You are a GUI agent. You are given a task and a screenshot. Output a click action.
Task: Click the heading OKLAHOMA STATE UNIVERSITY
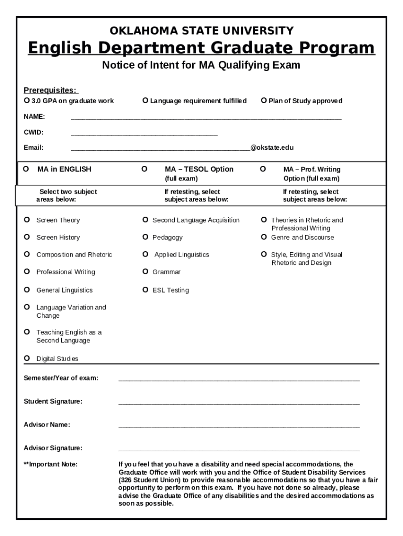[x=201, y=30]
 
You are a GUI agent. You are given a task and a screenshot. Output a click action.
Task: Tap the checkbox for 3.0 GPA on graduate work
[x=27, y=100]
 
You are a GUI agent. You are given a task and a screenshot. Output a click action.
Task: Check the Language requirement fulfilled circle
[x=145, y=100]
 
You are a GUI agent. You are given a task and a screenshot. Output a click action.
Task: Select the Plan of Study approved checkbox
[x=264, y=100]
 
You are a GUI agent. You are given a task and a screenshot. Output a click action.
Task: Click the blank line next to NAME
[x=206, y=117]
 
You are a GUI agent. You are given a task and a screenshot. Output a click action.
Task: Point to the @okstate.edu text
[x=272, y=148]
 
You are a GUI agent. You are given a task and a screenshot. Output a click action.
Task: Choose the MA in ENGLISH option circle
[x=26, y=169]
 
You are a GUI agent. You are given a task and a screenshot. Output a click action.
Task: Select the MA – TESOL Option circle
[x=144, y=169]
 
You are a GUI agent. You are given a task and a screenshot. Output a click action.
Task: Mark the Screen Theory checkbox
[x=27, y=220]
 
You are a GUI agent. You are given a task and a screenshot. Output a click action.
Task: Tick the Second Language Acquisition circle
[x=145, y=220]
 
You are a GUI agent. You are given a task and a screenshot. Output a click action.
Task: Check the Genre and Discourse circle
[x=264, y=238]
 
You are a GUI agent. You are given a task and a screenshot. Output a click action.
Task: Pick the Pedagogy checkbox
[x=145, y=238]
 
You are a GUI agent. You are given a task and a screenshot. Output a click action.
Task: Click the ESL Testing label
[x=171, y=291]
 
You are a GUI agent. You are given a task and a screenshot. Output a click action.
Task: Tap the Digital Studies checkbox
[x=27, y=359]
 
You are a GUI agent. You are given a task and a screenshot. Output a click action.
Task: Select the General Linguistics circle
[x=27, y=290]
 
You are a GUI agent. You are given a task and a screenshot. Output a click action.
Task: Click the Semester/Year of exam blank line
[x=239, y=379]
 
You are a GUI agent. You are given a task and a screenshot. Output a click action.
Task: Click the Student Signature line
[x=239, y=402]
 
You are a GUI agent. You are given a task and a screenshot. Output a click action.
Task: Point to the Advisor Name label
[x=47, y=425]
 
